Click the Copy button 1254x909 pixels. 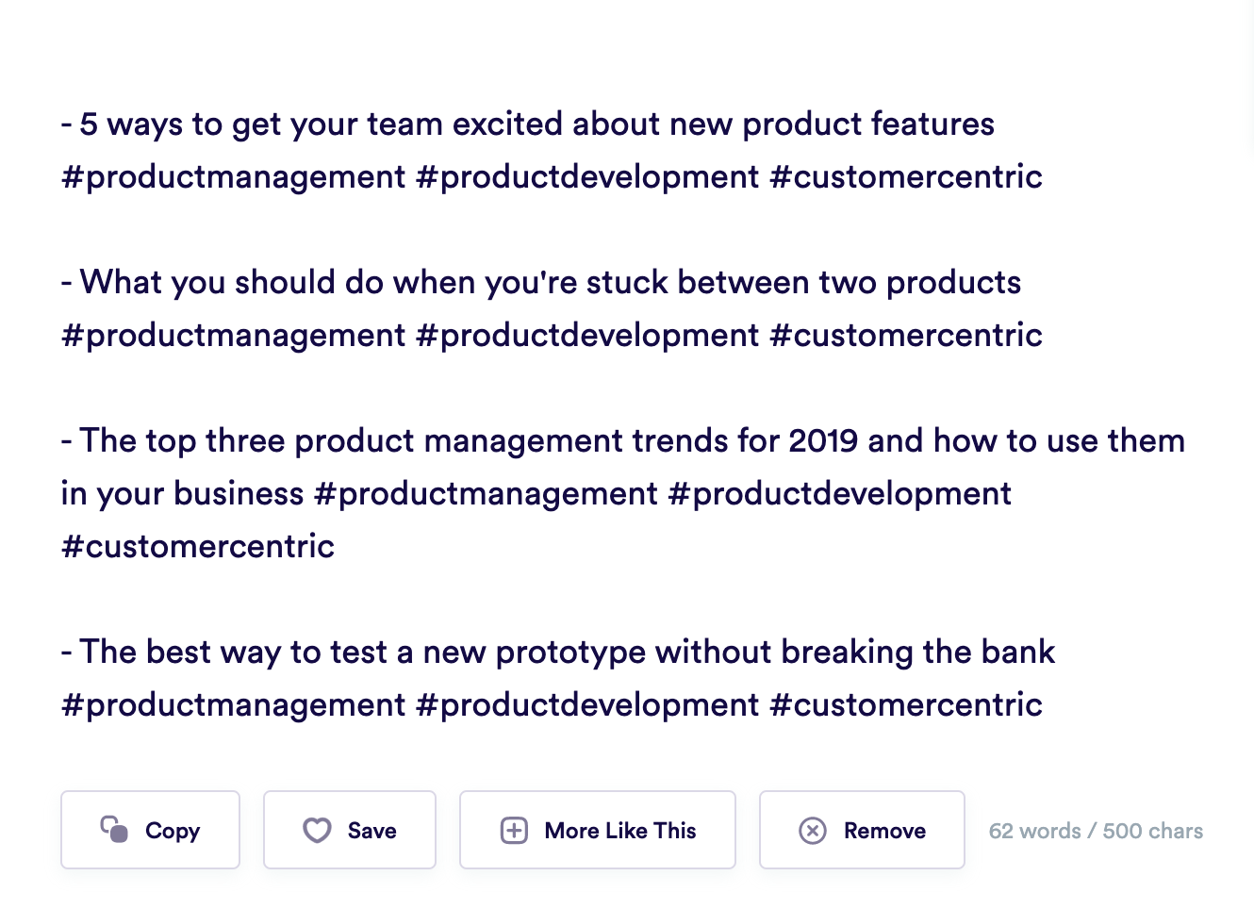[x=150, y=830]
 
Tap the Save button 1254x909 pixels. [x=349, y=830]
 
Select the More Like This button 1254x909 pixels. [x=598, y=830]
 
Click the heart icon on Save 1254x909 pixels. [x=317, y=830]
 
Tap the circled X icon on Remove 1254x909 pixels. [x=813, y=830]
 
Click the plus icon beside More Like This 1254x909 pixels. [x=514, y=830]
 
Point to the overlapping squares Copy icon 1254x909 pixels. [x=114, y=829]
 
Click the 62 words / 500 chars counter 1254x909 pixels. [x=1096, y=831]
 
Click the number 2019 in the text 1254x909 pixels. [x=823, y=440]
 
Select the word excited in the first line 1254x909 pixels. [x=507, y=124]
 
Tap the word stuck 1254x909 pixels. [x=627, y=282]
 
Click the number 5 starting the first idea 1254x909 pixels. [x=89, y=124]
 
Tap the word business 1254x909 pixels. [x=239, y=494]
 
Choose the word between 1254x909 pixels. [x=743, y=282]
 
